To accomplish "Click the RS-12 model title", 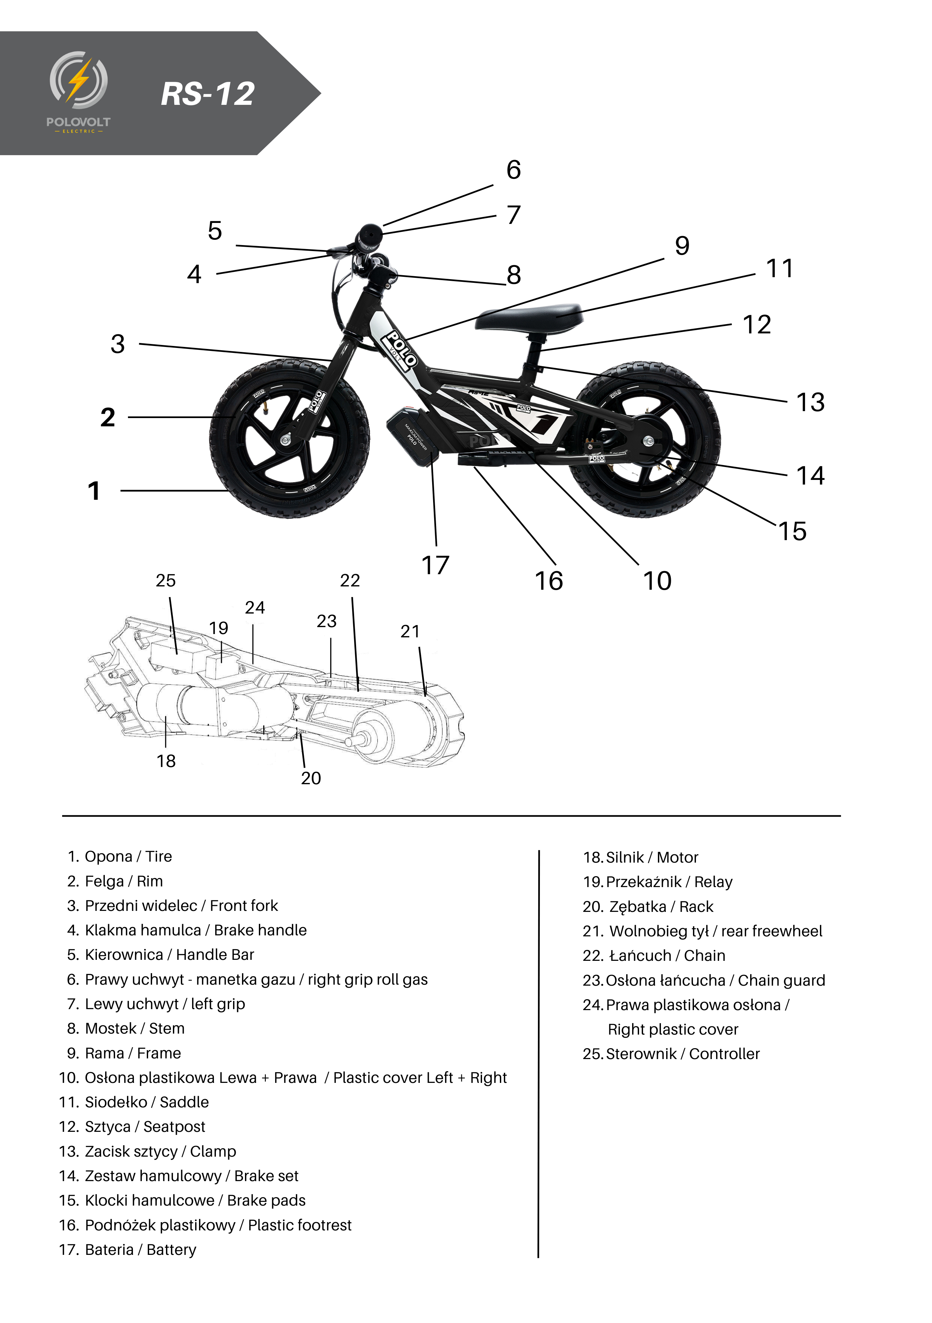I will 207,94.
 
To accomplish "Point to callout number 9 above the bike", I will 682,246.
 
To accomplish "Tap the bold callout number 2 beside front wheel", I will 108,417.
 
